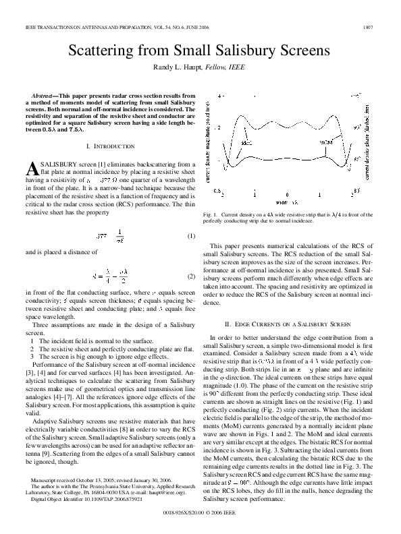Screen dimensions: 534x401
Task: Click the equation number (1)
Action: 191,235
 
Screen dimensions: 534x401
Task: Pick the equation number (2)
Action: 191,276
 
